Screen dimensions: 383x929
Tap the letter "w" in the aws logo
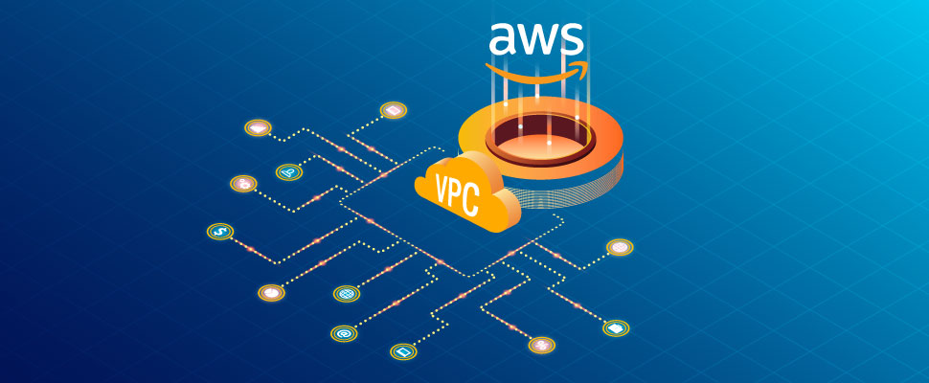point(537,39)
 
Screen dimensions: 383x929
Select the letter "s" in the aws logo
point(572,39)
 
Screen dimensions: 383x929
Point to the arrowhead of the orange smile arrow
point(577,65)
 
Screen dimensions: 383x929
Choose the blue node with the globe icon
point(345,293)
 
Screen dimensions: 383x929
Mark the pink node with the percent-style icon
point(621,248)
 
